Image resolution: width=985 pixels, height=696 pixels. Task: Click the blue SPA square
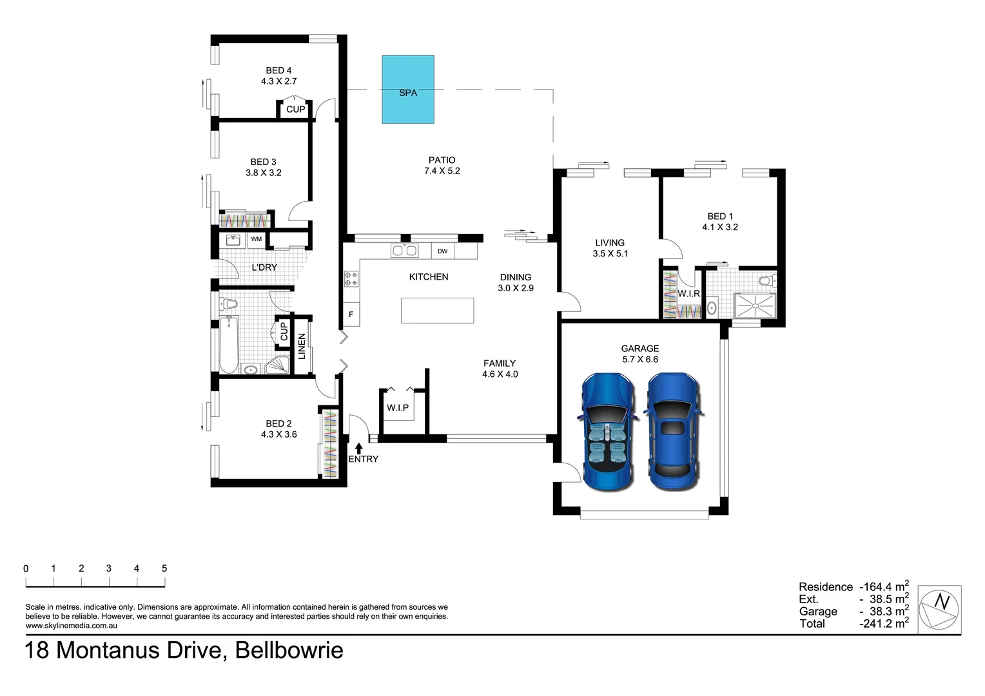click(407, 89)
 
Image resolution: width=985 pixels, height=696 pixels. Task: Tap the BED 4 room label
click(278, 70)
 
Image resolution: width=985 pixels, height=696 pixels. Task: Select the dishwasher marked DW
click(442, 251)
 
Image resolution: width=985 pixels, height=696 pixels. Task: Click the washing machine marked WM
click(257, 239)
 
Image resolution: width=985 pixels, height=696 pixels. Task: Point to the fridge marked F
click(351, 314)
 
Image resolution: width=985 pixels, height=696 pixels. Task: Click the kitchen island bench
click(438, 311)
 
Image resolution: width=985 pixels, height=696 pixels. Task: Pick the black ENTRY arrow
click(359, 448)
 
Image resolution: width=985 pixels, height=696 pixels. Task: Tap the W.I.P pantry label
click(398, 407)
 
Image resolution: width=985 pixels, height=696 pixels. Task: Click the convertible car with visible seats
click(608, 432)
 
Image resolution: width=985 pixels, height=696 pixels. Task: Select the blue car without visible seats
click(673, 432)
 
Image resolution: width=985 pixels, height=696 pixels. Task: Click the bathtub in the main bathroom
click(229, 345)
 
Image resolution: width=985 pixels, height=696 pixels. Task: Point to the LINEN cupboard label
click(302, 347)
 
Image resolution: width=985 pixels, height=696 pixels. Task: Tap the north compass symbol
click(939, 610)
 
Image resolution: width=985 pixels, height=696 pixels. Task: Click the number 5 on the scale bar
click(164, 568)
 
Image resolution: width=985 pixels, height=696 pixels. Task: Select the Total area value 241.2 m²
click(884, 623)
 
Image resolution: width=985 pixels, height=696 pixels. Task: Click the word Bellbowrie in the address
click(289, 650)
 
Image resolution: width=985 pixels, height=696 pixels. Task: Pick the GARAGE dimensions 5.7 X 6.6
click(640, 359)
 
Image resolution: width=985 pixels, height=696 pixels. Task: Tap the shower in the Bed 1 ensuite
click(756, 305)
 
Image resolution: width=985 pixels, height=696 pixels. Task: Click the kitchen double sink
click(404, 251)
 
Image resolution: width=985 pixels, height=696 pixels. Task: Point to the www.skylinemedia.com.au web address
click(72, 626)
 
